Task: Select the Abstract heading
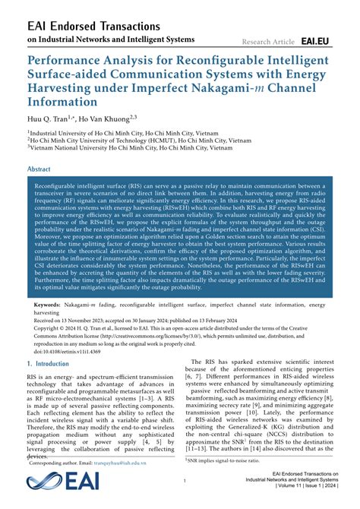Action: pyautogui.click(x=39, y=169)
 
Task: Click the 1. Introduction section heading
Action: pyautogui.click(x=48, y=364)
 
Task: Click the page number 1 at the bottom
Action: pyautogui.click(x=185, y=481)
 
